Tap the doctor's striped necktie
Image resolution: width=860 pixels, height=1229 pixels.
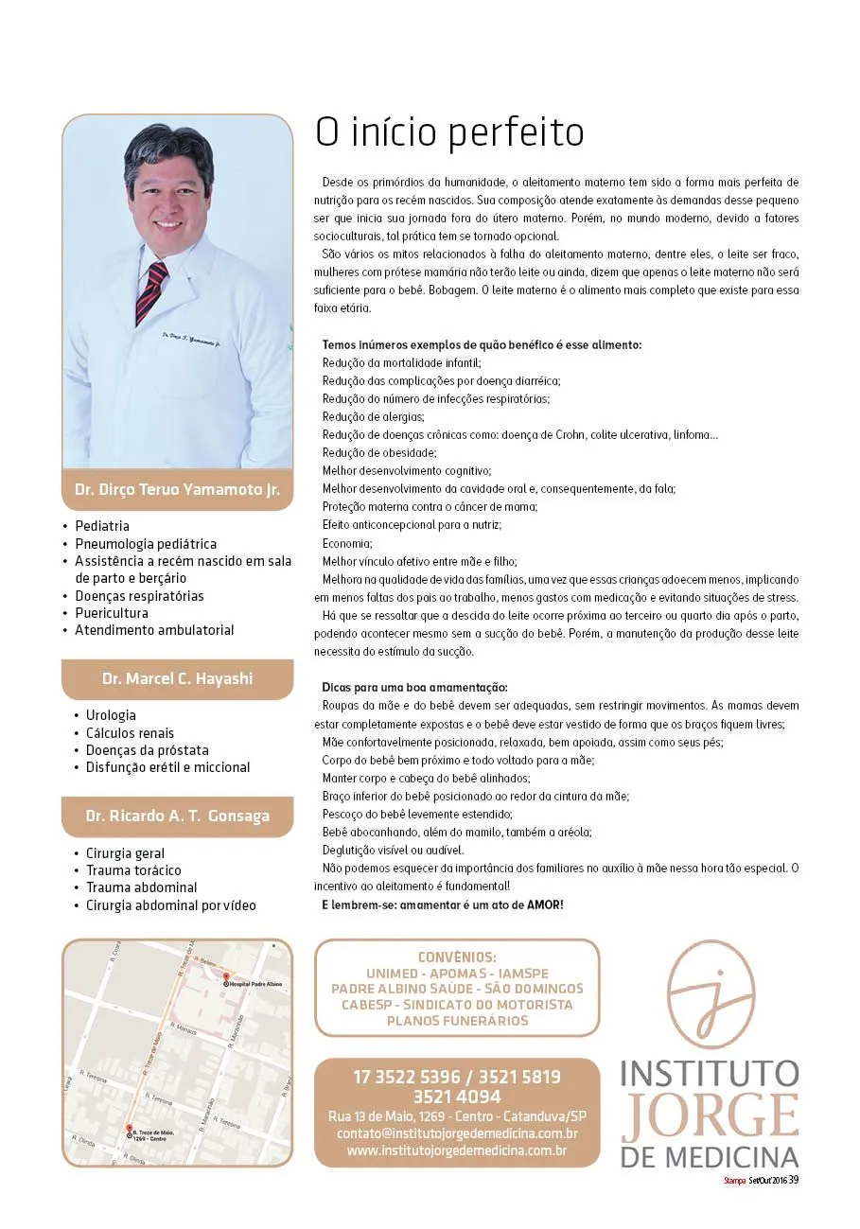[x=151, y=293]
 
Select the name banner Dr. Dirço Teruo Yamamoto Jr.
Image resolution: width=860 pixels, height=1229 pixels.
[x=177, y=490]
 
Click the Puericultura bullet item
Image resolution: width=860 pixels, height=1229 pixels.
[x=112, y=613]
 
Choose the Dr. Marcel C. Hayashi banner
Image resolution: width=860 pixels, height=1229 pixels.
[x=177, y=679]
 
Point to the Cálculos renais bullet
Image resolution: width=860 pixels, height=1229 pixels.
[x=130, y=733]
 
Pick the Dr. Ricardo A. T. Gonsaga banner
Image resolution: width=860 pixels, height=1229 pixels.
[x=177, y=816]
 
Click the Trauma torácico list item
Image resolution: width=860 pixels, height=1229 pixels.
[x=133, y=870]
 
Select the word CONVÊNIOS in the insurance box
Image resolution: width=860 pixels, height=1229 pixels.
[x=457, y=957]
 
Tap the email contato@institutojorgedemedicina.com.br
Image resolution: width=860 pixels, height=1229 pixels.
[x=457, y=1133]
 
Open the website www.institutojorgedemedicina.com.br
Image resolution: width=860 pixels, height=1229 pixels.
[x=457, y=1151]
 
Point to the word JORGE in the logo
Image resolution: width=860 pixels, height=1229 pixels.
[x=710, y=1117]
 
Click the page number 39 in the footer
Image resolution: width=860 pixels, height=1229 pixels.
[x=794, y=1179]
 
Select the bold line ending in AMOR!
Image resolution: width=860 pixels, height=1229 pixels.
[x=443, y=905]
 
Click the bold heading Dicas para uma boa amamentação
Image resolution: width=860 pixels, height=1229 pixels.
[x=415, y=687]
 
